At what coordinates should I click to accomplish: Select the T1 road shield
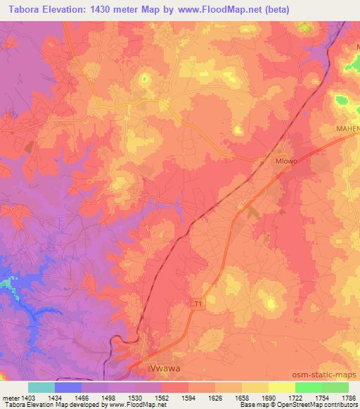(x=198, y=304)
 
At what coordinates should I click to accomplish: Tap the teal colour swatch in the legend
(x=41, y=387)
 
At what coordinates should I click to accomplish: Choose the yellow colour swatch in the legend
(x=281, y=387)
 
